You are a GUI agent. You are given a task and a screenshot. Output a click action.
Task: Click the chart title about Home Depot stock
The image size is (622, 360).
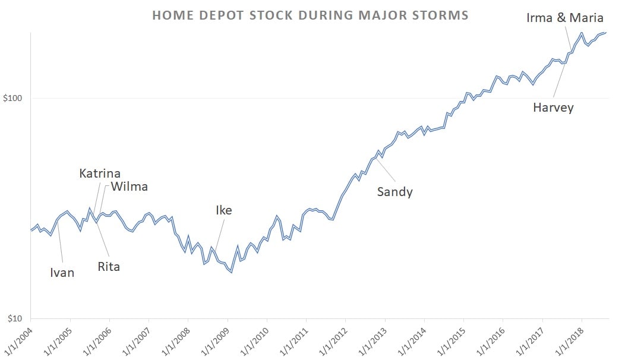point(310,15)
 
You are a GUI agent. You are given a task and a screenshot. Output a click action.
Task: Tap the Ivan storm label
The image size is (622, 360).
point(62,273)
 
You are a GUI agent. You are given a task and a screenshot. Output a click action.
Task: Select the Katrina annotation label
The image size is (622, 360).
point(100,173)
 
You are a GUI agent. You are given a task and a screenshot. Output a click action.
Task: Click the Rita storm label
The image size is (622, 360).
point(109,267)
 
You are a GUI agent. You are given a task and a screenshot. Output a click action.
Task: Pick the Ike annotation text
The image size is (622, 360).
point(224,210)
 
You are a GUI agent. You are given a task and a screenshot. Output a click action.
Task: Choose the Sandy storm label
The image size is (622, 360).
point(394,192)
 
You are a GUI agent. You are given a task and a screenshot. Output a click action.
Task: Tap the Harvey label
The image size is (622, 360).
point(553,108)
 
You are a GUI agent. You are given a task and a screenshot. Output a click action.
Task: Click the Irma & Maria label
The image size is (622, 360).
point(564,18)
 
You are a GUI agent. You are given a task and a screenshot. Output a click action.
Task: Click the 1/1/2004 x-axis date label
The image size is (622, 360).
point(18,339)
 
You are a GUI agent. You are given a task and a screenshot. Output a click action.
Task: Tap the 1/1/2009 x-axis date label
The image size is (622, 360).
point(214,339)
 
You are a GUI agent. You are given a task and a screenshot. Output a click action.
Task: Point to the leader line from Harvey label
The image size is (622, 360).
point(559,80)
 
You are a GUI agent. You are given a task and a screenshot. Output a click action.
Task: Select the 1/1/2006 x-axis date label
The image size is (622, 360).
point(97,339)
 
